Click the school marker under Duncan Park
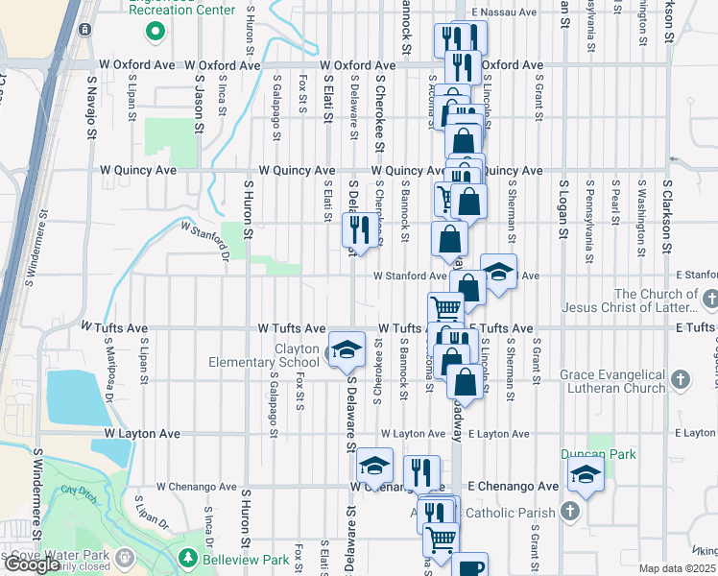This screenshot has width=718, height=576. coord(586,474)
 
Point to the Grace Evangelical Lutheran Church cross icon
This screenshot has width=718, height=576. coord(681,380)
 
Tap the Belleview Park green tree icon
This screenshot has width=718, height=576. coord(189,559)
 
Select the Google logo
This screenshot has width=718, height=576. coord(33,564)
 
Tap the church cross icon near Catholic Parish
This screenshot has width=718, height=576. coord(569,511)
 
